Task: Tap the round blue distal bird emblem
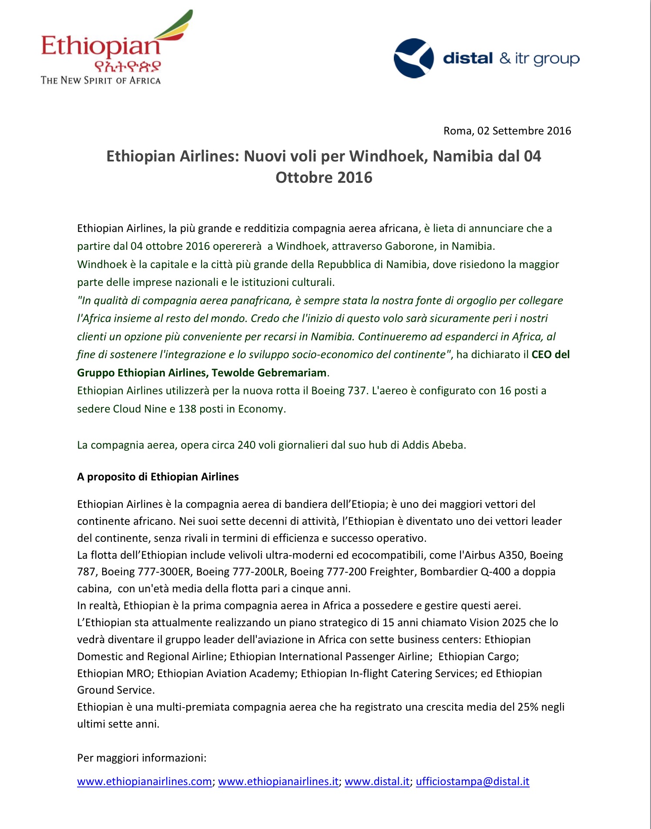point(413,58)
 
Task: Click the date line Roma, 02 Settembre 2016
point(507,131)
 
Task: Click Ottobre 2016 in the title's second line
point(324,178)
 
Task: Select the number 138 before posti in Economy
point(187,409)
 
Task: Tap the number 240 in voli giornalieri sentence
point(246,445)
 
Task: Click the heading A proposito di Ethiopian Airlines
point(158,477)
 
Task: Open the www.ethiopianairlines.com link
point(144,782)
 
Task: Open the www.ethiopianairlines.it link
point(278,782)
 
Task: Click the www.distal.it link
point(377,782)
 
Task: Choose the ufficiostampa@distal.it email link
point(473,782)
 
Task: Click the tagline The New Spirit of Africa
point(101,81)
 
